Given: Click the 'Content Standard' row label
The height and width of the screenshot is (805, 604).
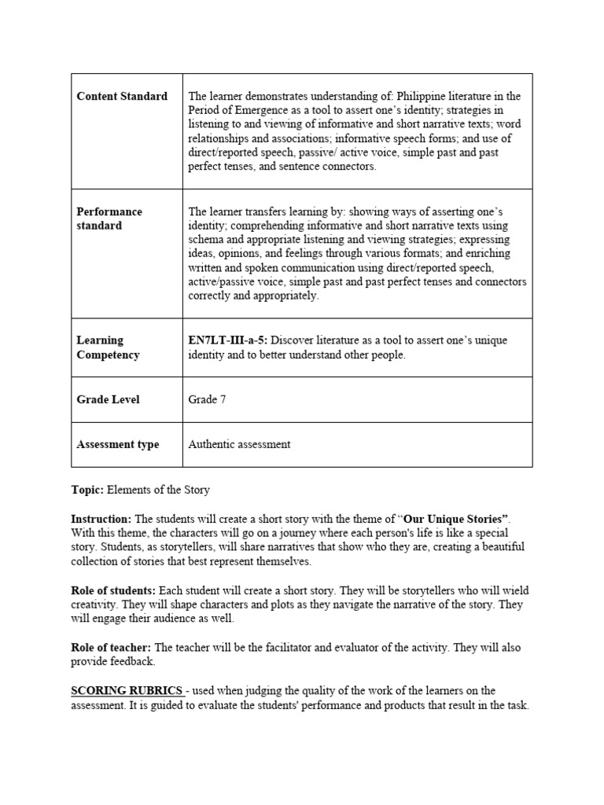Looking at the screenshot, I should click(122, 96).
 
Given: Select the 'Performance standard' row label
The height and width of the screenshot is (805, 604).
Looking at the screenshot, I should click(109, 219).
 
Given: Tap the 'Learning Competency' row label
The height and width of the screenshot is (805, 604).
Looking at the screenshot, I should click(108, 347).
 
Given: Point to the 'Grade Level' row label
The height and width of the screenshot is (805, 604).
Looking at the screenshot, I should click(108, 399).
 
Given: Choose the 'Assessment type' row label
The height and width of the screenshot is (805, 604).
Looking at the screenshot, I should click(117, 444).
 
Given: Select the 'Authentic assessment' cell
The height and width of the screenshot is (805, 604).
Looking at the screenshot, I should click(239, 444).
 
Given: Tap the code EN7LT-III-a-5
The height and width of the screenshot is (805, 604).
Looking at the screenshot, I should click(227, 340).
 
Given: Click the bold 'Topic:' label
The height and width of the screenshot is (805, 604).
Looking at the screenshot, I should click(87, 490).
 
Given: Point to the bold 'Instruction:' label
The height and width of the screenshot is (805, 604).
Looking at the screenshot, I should click(101, 520).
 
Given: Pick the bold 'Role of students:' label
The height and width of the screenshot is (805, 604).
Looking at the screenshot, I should click(113, 590).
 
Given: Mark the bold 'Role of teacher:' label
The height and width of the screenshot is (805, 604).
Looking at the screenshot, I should click(112, 648).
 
